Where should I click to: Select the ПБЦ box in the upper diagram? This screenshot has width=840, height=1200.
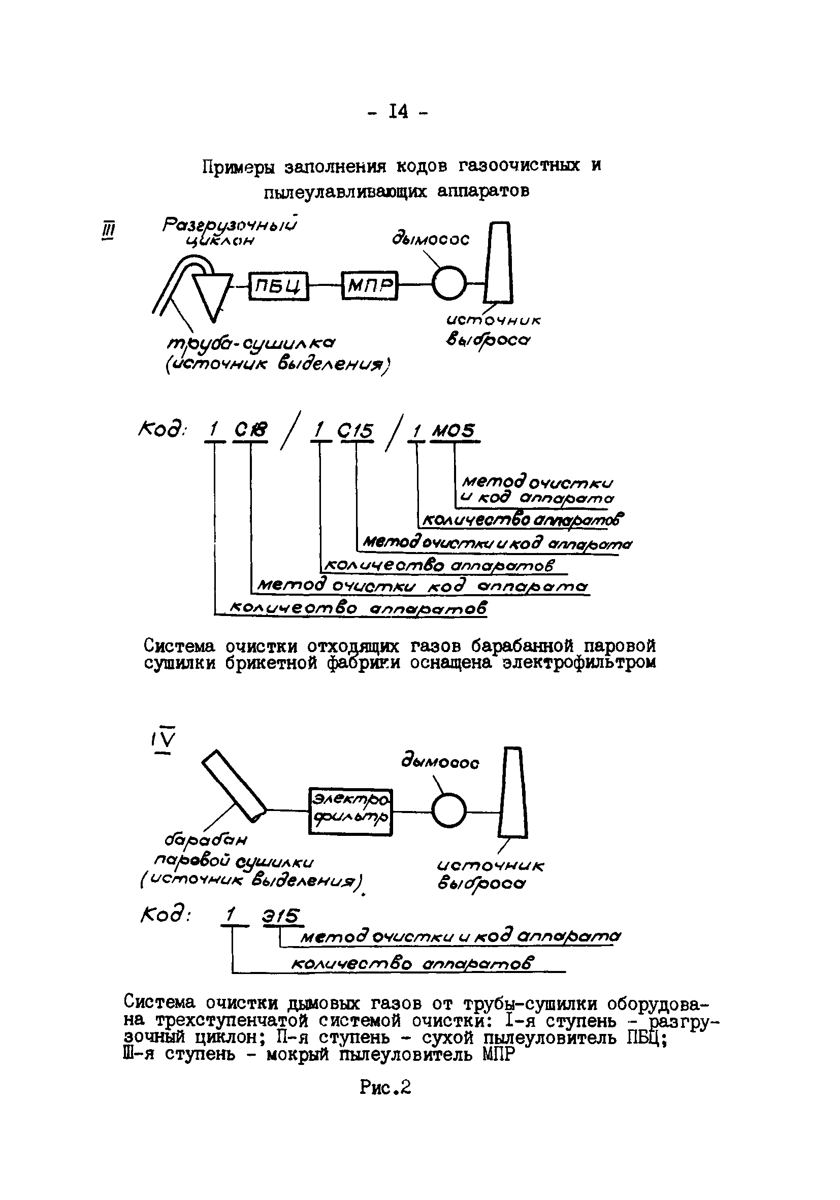[279, 285]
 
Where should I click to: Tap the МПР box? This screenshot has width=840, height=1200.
[370, 285]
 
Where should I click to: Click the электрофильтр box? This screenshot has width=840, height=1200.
[350, 811]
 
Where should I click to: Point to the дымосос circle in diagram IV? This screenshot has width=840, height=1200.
[449, 810]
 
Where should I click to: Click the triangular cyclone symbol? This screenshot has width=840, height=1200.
[211, 293]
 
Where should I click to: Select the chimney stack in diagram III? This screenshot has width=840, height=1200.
[499, 263]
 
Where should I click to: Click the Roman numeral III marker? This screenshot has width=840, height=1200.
[108, 230]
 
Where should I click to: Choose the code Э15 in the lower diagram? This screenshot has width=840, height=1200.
[283, 916]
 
